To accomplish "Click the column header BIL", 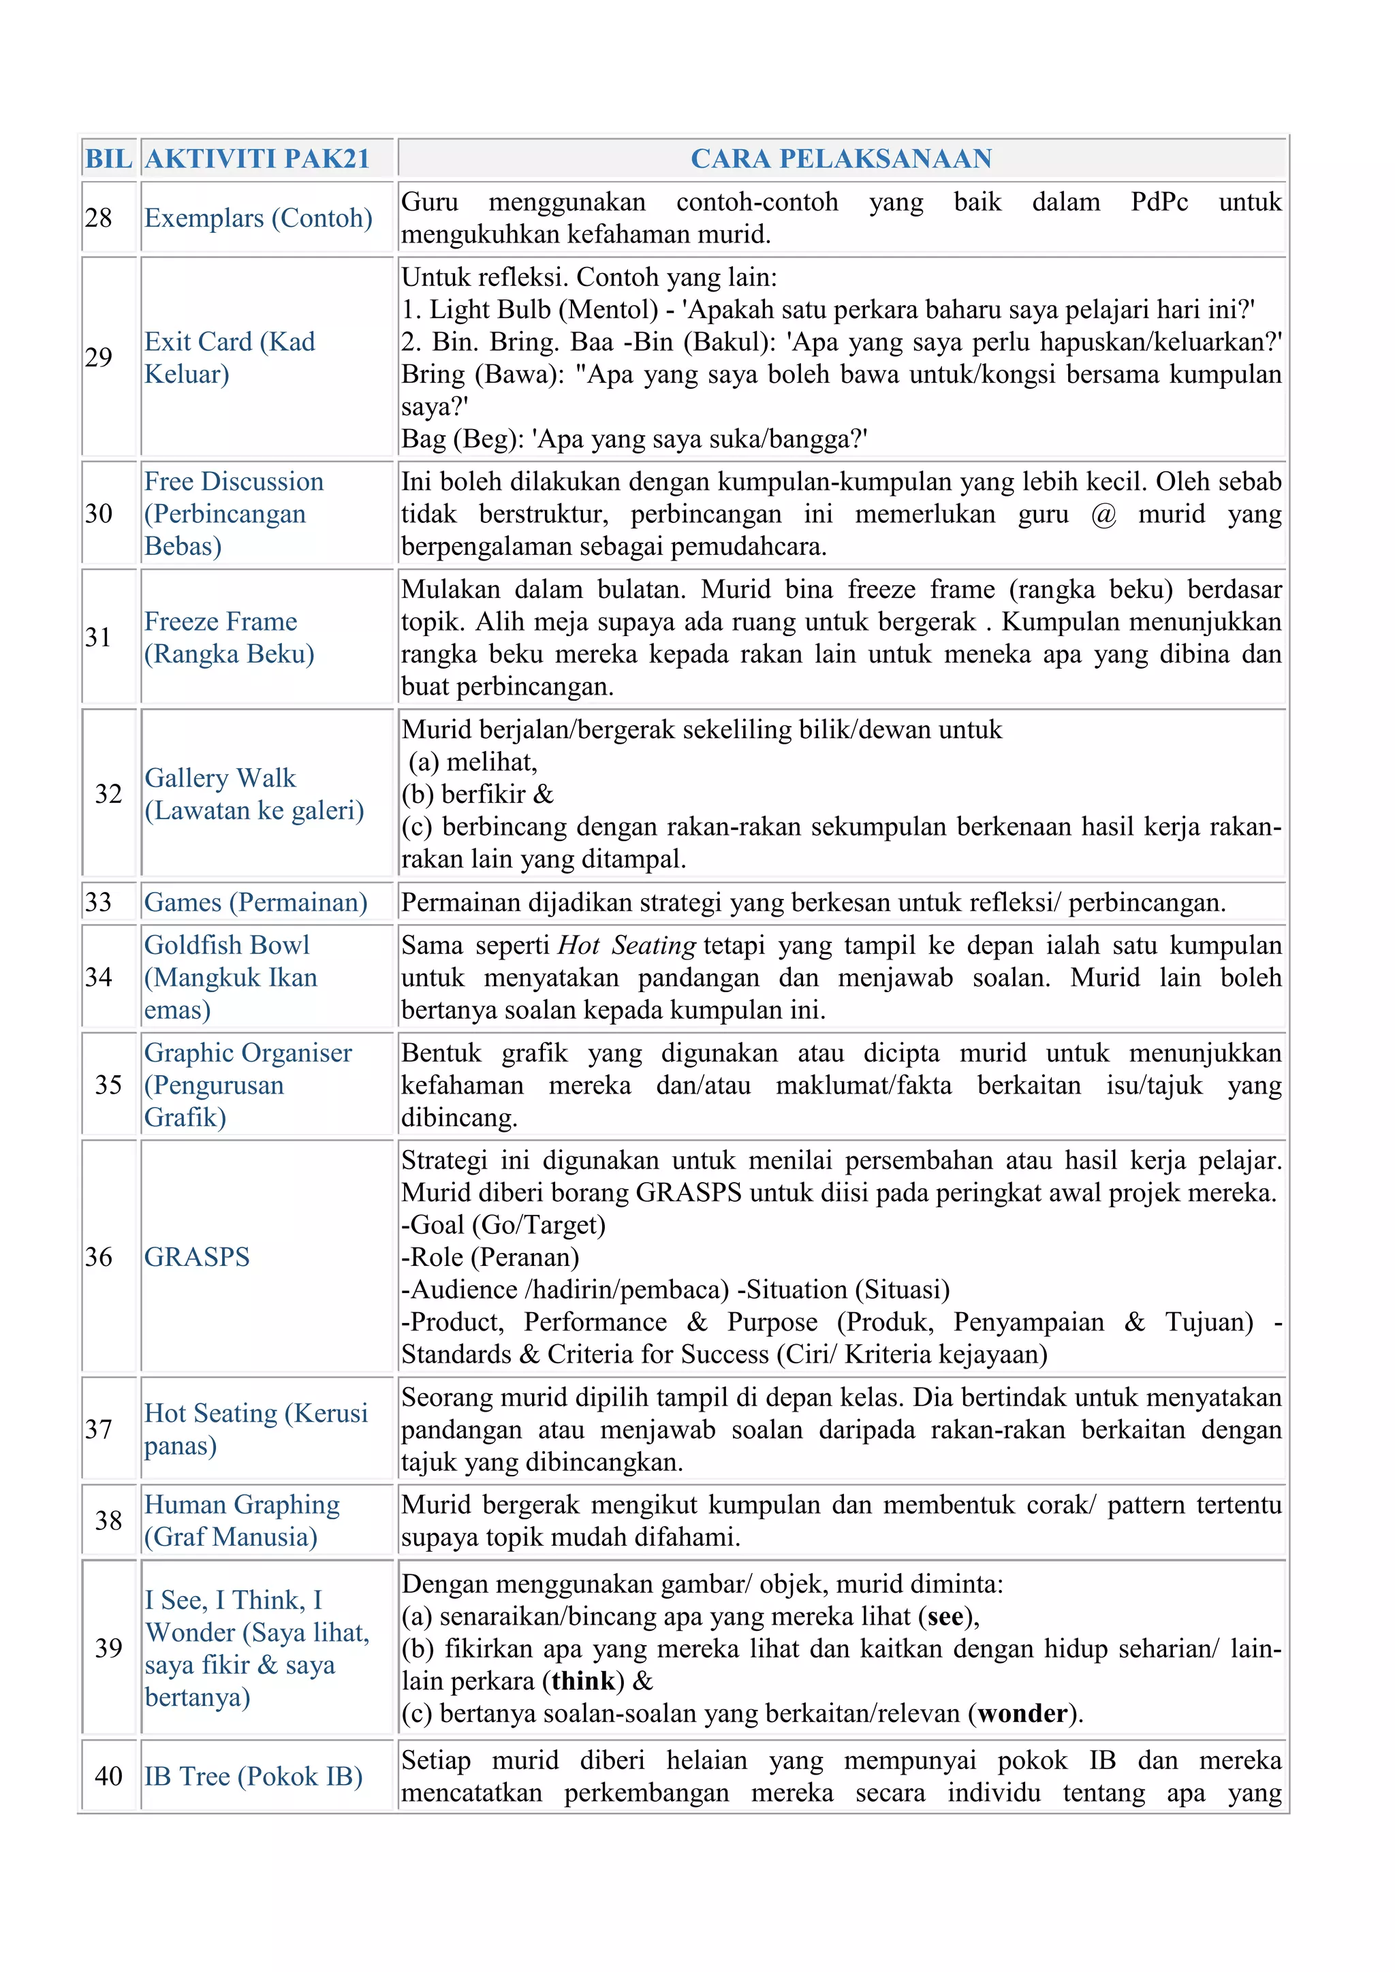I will [x=108, y=159].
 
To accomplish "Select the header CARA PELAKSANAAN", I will [x=841, y=159].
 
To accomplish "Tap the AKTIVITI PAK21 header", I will [x=257, y=159].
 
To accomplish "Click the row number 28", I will [x=99, y=218].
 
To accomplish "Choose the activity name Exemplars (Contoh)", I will [x=257, y=218].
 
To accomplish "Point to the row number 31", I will [x=99, y=637].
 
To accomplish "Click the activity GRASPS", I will [x=197, y=1258].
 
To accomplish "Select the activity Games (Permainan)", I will [x=255, y=903].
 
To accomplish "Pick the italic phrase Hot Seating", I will [x=626, y=946].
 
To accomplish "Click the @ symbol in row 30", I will [x=1103, y=515].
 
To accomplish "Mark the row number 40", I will [x=108, y=1776].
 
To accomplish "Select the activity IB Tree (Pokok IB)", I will [x=253, y=1776].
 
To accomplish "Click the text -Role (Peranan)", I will [x=490, y=1258].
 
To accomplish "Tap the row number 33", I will [x=99, y=903].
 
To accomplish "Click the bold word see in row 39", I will [x=945, y=1617].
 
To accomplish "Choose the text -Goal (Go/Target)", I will [x=503, y=1225].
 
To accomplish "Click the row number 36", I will [x=99, y=1258].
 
